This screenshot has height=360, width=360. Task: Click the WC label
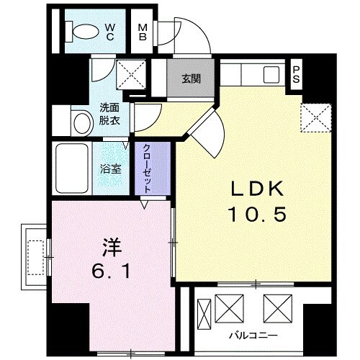(x=111, y=32)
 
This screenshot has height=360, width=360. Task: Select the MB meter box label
(x=143, y=32)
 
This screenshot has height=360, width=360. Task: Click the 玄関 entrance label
(x=191, y=79)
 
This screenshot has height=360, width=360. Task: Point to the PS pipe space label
(x=295, y=75)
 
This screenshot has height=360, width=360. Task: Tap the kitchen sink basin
(x=273, y=75)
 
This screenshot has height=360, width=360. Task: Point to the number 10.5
(x=251, y=215)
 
